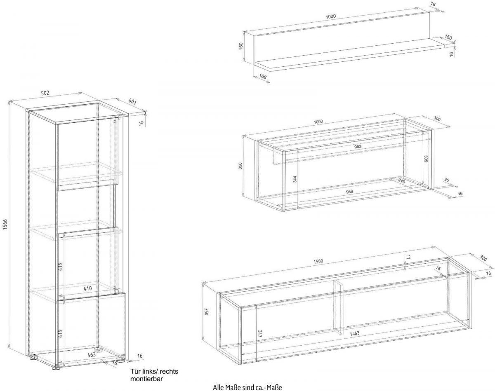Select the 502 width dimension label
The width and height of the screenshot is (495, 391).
(x=45, y=93)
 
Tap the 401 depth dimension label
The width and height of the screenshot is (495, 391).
(x=132, y=101)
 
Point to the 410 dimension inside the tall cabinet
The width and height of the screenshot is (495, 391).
(x=87, y=288)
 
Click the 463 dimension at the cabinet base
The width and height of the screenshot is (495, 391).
(x=91, y=354)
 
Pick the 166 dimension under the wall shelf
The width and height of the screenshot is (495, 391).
(x=262, y=77)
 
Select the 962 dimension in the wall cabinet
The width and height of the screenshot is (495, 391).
(x=358, y=146)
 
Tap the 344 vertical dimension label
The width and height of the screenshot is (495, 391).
(x=295, y=179)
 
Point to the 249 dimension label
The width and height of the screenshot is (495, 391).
(x=401, y=181)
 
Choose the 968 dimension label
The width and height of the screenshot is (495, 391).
(x=349, y=192)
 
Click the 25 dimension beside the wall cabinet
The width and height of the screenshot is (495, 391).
(x=447, y=180)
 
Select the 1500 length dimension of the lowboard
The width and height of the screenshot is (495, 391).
(x=318, y=261)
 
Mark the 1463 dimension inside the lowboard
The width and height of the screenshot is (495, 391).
(x=354, y=333)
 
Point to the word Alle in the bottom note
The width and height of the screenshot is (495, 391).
(x=218, y=387)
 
